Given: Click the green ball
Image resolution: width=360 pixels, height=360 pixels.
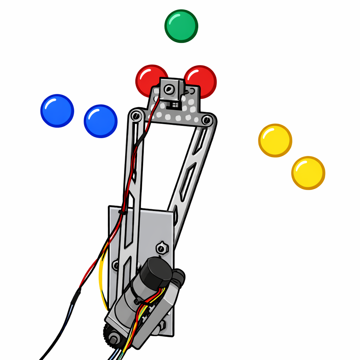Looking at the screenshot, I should [181, 26].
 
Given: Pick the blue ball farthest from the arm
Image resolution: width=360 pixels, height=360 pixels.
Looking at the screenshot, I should [57, 110].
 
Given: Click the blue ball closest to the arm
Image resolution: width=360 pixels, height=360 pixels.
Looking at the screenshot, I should [101, 121].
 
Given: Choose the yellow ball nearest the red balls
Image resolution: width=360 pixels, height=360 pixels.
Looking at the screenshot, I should [275, 140].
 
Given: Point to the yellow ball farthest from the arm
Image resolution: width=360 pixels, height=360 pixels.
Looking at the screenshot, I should [308, 173].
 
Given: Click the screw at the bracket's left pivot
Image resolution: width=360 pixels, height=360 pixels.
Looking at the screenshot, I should [136, 115].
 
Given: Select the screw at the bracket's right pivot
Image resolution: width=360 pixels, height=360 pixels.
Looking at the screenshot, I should [207, 121].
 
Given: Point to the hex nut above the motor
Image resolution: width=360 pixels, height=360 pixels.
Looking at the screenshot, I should [161, 248].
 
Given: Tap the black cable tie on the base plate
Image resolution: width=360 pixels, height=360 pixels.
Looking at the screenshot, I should [122, 212].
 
